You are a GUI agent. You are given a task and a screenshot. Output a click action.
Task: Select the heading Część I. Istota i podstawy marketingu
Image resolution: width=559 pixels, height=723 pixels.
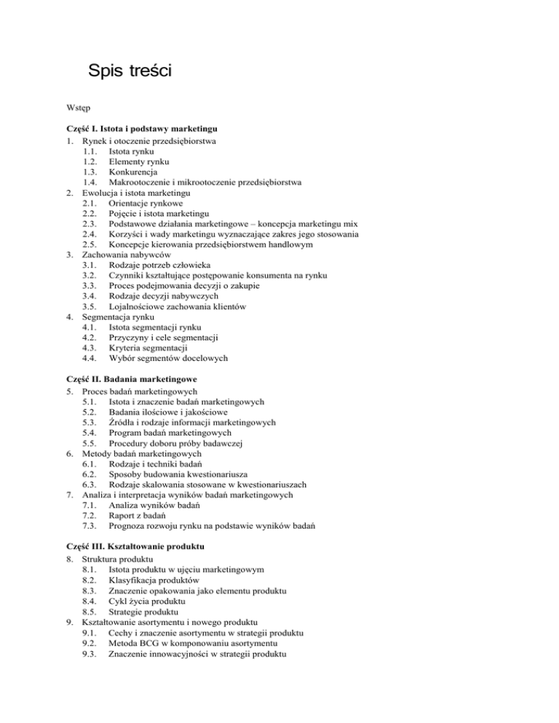point(143,128)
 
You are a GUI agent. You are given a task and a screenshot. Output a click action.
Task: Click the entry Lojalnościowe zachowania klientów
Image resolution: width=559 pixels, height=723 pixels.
point(186,307)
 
